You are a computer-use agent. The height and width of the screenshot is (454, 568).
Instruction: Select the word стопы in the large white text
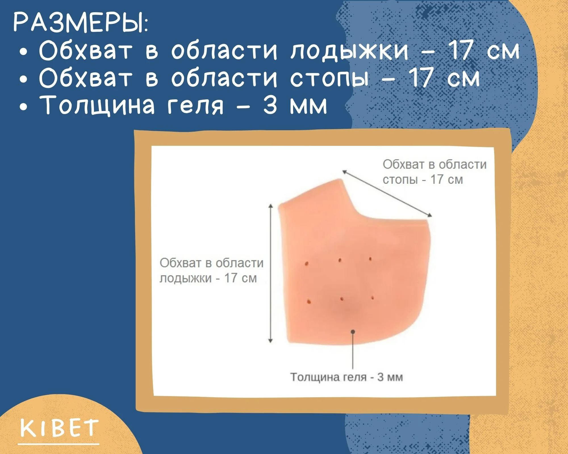click(x=329, y=78)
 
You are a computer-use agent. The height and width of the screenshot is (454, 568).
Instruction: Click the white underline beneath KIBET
click(x=59, y=444)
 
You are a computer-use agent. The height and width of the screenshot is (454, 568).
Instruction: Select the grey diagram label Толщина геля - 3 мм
click(x=346, y=377)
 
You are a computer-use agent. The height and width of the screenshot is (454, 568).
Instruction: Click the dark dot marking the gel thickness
click(x=353, y=331)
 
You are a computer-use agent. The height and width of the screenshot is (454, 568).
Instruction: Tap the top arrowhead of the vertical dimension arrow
click(x=271, y=206)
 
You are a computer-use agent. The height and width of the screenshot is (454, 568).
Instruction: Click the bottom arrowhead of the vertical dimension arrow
click(x=270, y=340)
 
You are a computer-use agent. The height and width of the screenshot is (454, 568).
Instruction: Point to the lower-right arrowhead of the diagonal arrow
click(x=429, y=215)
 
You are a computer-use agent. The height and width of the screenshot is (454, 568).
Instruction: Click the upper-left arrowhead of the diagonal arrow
click(x=344, y=172)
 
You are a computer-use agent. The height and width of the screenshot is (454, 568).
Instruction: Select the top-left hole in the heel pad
click(x=306, y=264)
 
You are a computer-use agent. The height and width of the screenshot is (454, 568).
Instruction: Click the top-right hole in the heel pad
click(x=370, y=259)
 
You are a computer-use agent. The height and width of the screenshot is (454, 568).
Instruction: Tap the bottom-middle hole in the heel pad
click(x=342, y=299)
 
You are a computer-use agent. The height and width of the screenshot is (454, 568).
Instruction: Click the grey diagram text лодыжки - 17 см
click(x=208, y=278)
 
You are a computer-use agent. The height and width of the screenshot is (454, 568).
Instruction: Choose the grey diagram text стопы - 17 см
click(x=423, y=180)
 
